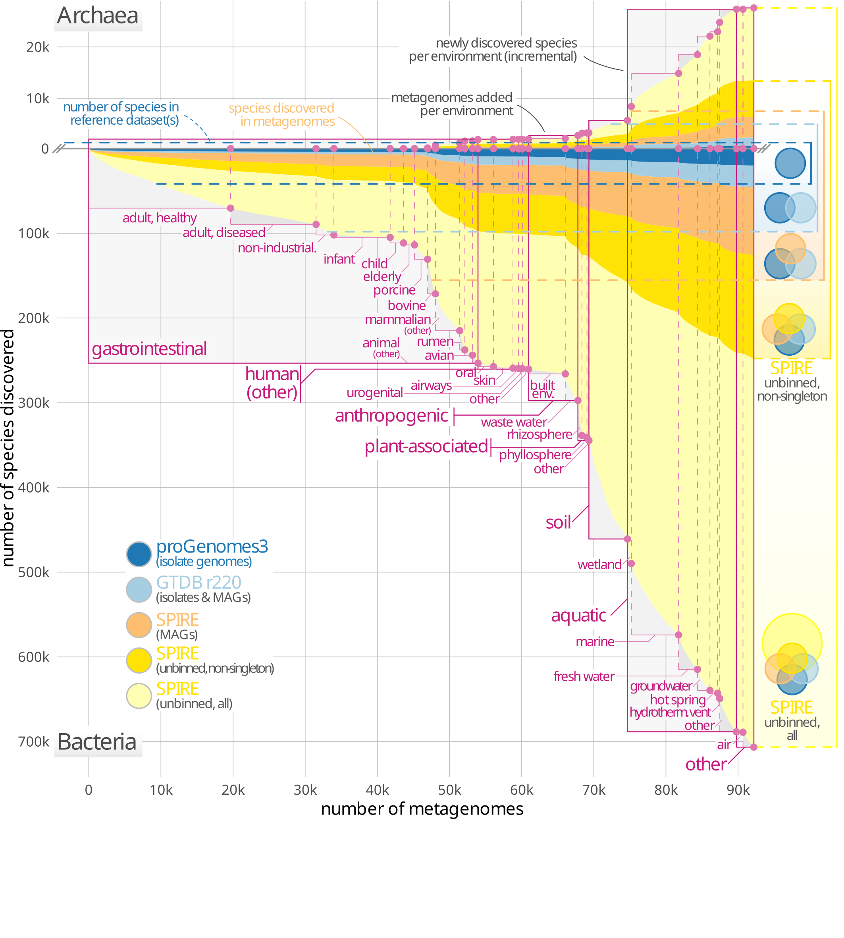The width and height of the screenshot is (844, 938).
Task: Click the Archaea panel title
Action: (98, 16)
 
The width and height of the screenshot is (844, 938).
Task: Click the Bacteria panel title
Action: (97, 742)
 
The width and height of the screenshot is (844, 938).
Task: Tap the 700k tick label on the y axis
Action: (33, 742)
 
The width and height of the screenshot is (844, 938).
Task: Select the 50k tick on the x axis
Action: (449, 790)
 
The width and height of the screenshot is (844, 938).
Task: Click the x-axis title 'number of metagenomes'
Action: (422, 809)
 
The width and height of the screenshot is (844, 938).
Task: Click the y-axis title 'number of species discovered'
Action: (8, 448)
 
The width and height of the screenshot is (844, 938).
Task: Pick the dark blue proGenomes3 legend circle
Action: (139, 554)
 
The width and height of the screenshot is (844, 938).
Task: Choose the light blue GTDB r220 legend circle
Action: (139, 590)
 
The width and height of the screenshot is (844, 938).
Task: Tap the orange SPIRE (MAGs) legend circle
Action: (139, 625)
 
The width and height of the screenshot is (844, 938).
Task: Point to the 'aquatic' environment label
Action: (579, 616)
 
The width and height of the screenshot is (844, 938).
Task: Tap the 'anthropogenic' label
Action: (391, 416)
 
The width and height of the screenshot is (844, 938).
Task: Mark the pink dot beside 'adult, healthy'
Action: (231, 208)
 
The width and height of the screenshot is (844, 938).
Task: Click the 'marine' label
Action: (595, 642)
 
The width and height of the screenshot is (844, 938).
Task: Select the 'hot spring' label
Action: (678, 700)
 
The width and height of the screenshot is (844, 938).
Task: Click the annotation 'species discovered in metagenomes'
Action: (281, 115)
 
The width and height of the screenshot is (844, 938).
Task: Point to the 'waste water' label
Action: (514, 422)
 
